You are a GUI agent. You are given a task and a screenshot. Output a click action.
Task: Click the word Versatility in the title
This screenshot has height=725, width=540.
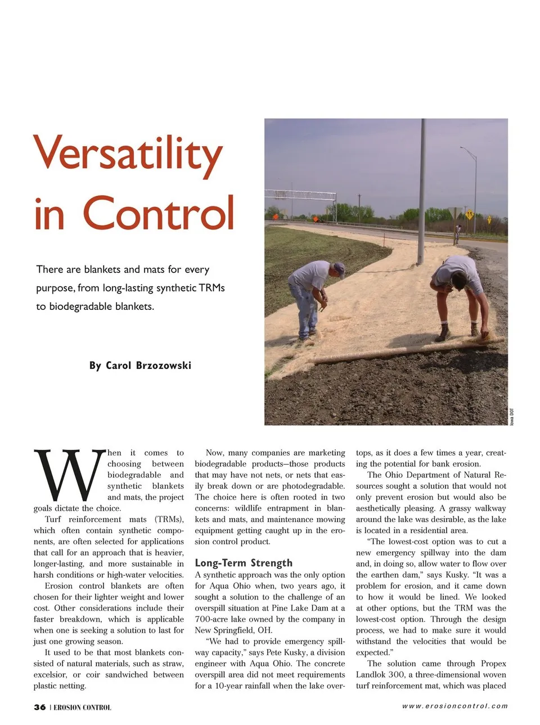tap(128, 154)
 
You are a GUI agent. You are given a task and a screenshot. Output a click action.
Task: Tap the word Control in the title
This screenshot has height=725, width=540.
tap(159, 213)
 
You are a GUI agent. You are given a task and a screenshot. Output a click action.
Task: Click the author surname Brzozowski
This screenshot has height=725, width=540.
tap(163, 366)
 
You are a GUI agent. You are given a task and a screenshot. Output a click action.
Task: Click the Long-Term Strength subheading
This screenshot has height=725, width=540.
tap(244, 563)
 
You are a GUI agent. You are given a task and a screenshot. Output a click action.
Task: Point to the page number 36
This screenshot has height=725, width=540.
tap(39, 707)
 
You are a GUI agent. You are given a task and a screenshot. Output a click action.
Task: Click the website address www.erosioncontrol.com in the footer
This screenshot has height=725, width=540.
tap(454, 706)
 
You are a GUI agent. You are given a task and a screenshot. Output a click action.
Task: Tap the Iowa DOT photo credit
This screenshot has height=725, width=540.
tap(512, 416)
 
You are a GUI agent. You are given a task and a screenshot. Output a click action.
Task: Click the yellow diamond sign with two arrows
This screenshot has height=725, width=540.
tap(469, 214)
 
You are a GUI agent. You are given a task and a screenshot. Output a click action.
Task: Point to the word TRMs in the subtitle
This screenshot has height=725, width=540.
tap(211, 288)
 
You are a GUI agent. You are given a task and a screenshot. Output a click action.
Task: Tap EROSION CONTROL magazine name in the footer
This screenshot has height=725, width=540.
tap(82, 708)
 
